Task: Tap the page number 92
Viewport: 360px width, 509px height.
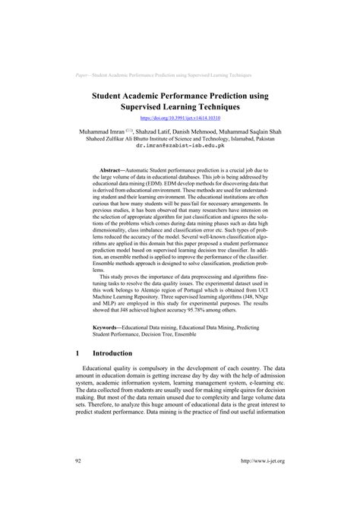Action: [x=79, y=482]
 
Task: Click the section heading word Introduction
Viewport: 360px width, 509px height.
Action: [x=112, y=353]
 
